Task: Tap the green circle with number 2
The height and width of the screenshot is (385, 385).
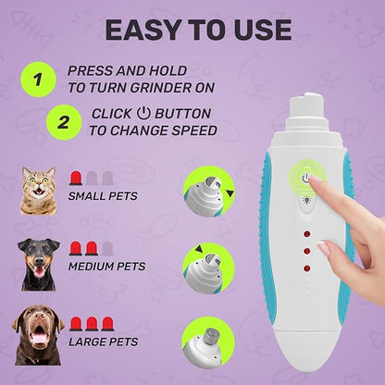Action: tap(63, 122)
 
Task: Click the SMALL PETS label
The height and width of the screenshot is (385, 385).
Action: tap(103, 195)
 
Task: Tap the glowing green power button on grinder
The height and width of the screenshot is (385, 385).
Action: tap(304, 177)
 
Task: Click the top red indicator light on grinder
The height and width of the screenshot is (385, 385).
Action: tap(304, 233)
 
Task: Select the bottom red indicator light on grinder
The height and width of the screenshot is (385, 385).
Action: tap(304, 267)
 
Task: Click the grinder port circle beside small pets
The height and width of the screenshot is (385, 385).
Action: tap(207, 190)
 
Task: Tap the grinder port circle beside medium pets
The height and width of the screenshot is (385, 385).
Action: tap(207, 266)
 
